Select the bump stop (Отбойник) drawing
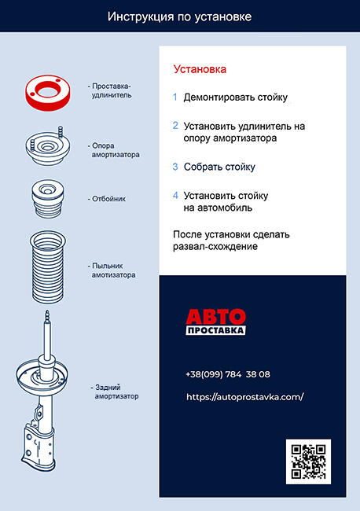pyautogui.click(x=48, y=198)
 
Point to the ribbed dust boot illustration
pyautogui.click(x=48, y=267)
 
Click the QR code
pyautogui.click(x=308, y=461)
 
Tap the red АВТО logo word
pyautogui.click(x=215, y=317)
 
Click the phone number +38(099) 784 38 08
pyautogui.click(x=228, y=374)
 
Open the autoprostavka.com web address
pyautogui.click(x=245, y=397)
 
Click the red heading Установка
pyautogui.click(x=200, y=69)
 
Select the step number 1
pyautogui.click(x=175, y=97)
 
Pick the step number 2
pyautogui.click(x=175, y=126)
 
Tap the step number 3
pyautogui.click(x=175, y=167)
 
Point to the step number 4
pyautogui.click(x=175, y=195)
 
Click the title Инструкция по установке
pyautogui.click(x=179, y=17)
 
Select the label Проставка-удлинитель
pyautogui.click(x=110, y=90)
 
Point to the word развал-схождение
pyautogui.click(x=215, y=246)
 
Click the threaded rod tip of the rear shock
pyautogui.click(x=48, y=314)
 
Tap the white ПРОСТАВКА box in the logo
pyautogui.click(x=215, y=330)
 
